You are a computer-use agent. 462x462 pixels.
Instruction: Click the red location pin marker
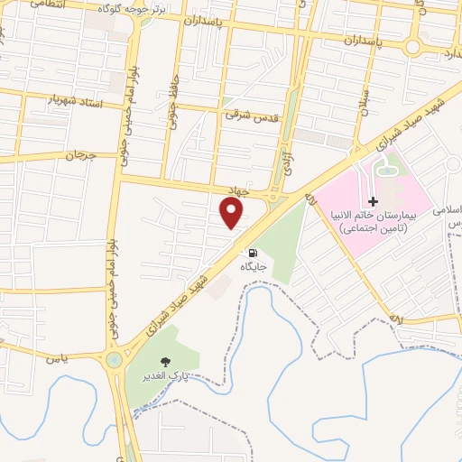(x=232, y=214)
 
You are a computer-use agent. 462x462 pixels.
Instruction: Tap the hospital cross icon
(x=373, y=201)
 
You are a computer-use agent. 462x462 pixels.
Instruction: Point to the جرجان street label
(x=79, y=155)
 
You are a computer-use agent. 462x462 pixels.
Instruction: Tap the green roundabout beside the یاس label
(x=115, y=361)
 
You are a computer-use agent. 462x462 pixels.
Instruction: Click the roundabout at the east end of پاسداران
(x=414, y=46)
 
